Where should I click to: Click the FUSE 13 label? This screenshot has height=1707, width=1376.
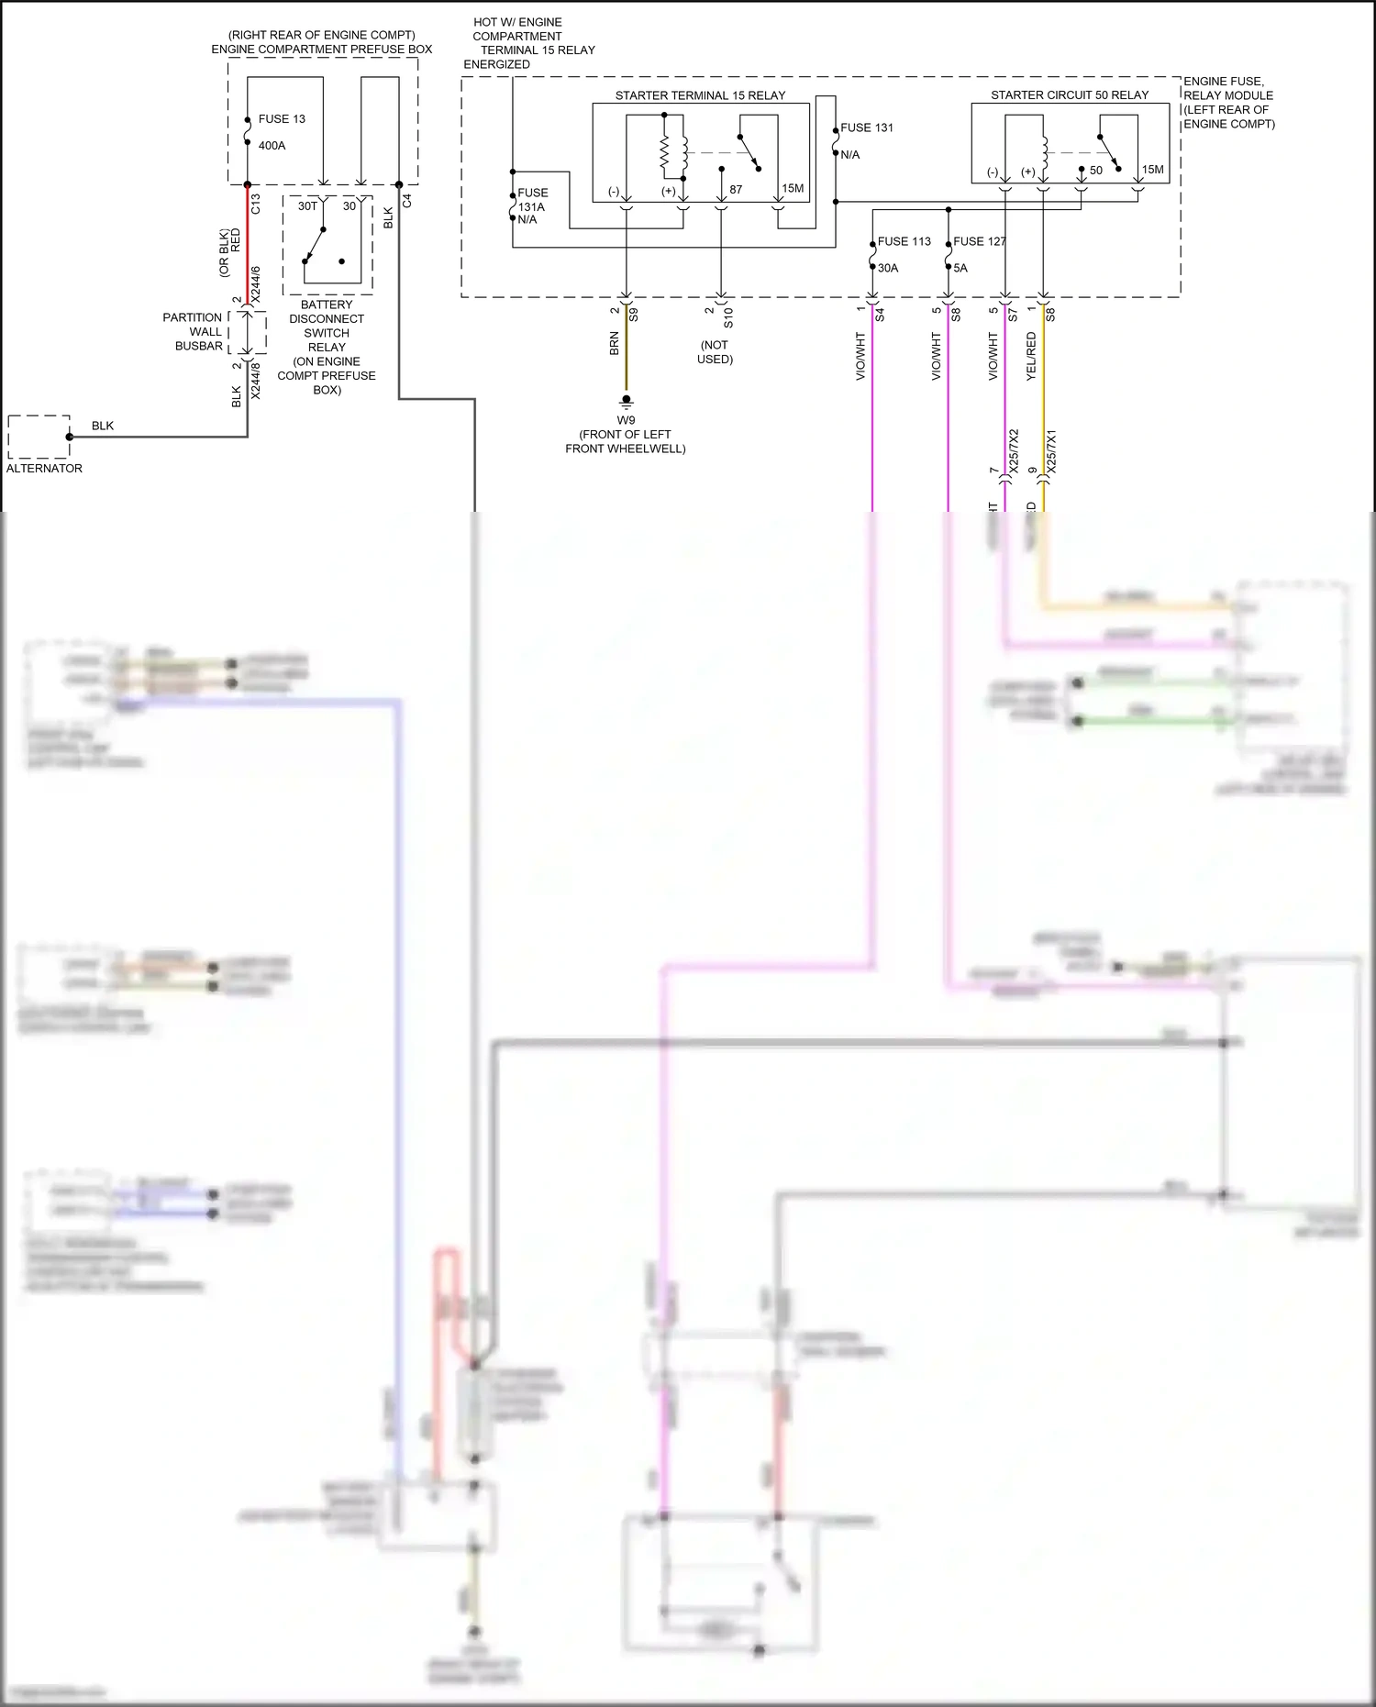281,119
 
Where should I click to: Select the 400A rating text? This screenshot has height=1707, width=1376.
272,146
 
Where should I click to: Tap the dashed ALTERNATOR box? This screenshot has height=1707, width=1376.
39,437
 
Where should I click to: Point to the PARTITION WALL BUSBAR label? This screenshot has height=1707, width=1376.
193,332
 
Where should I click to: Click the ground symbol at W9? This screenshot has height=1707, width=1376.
626,401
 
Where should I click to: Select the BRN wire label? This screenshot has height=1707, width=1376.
615,344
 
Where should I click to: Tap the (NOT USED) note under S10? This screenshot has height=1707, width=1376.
715,352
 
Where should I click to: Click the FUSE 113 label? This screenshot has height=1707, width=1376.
904,242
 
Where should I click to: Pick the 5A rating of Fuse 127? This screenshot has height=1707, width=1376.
960,269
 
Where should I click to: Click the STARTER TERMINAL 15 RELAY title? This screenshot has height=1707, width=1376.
700,95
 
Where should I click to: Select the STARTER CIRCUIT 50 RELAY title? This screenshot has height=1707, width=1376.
1069,95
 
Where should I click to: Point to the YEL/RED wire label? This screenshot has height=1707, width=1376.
1032,357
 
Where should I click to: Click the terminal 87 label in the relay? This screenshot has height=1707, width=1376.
736,190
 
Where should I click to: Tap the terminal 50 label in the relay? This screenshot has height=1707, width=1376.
1096,171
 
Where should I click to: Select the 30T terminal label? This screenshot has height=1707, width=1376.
307,206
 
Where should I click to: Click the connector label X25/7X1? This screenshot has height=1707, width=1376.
1052,451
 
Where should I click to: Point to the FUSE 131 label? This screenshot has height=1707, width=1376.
866,128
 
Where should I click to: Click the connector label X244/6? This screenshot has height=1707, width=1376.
256,284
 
